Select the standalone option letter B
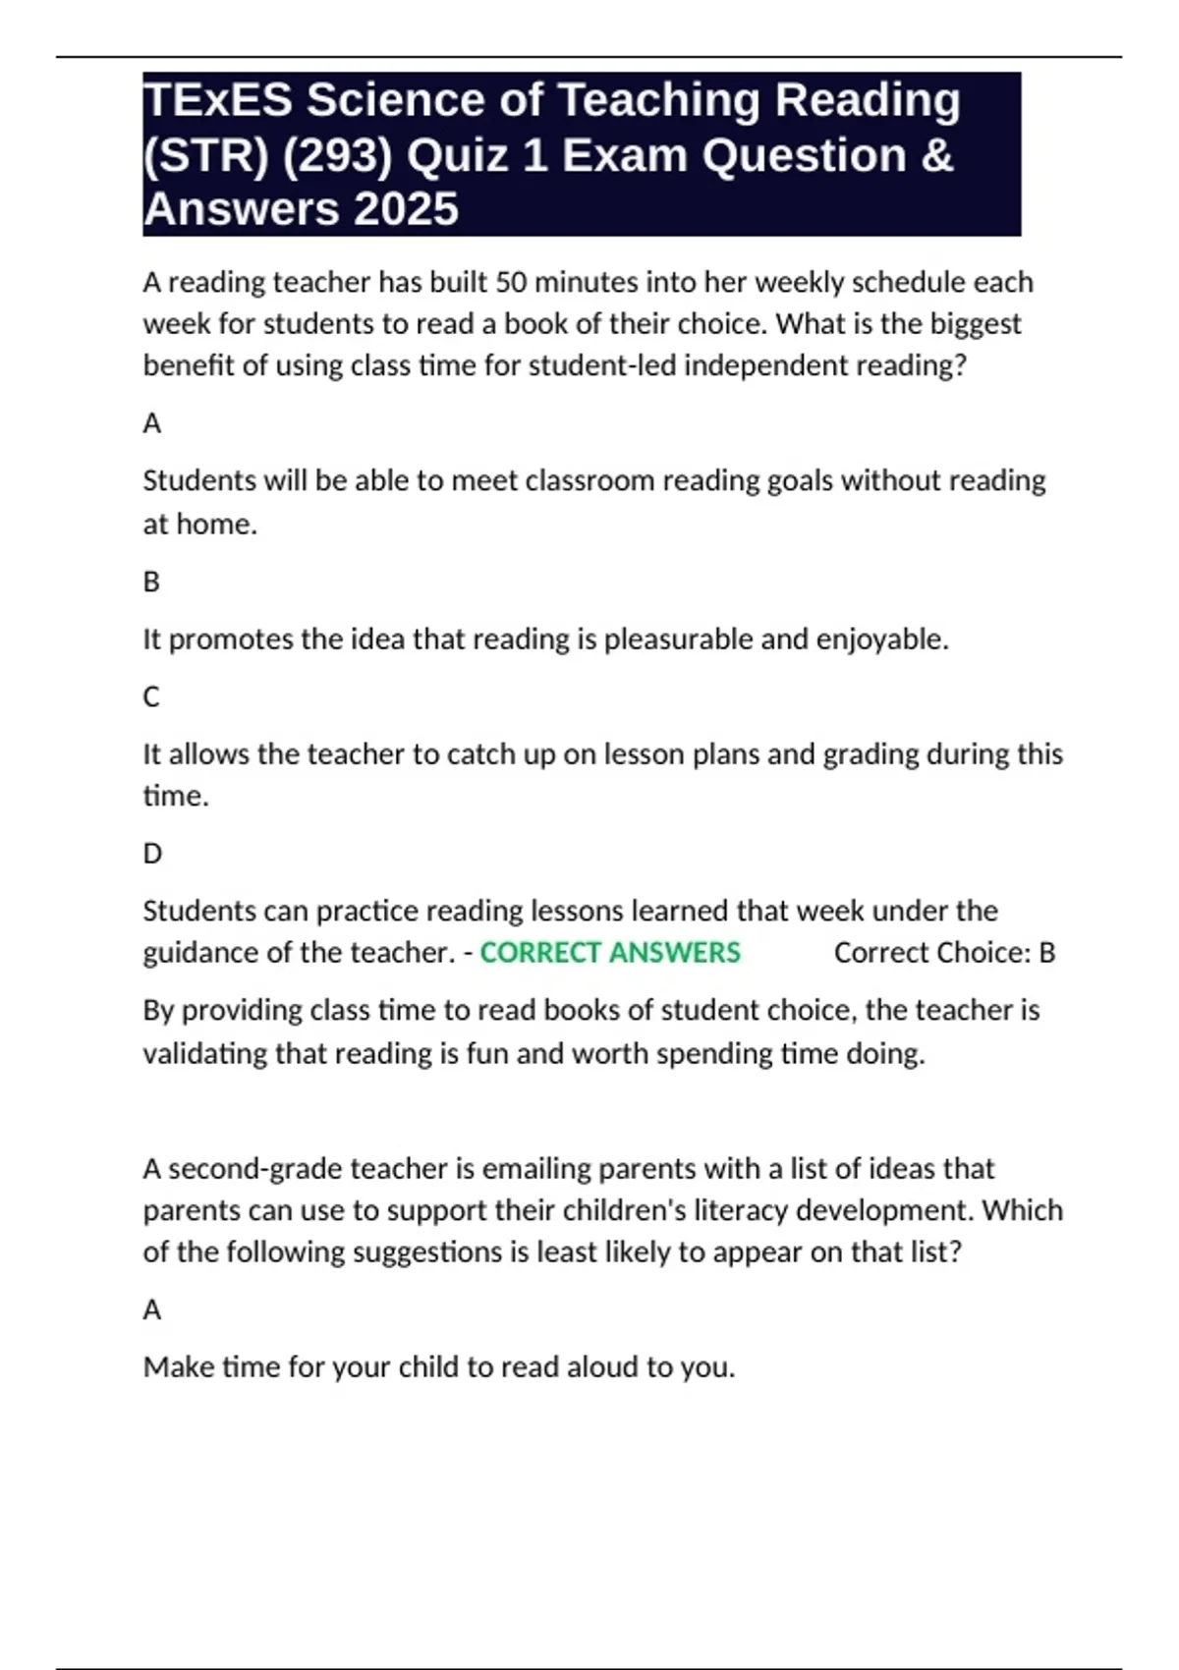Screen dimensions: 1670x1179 point(151,582)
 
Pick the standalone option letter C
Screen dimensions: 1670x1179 point(151,696)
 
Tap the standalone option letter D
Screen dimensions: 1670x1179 point(152,853)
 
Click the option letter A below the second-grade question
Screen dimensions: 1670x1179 point(151,1309)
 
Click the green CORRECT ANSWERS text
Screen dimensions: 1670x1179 point(609,953)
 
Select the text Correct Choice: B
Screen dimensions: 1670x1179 point(944,953)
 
